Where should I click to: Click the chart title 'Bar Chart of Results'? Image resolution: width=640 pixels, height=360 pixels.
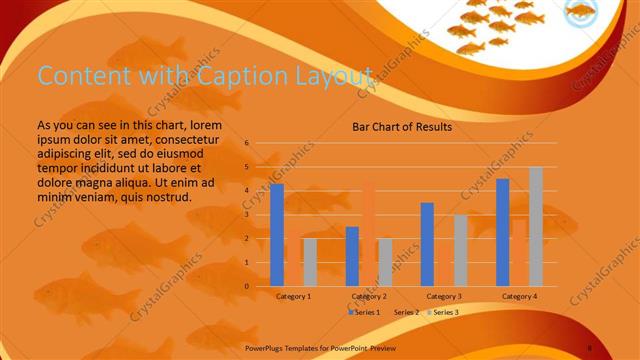(x=402, y=127)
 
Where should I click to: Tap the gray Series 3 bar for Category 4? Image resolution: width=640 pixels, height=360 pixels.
(x=535, y=226)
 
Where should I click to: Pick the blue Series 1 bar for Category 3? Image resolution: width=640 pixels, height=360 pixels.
(x=427, y=244)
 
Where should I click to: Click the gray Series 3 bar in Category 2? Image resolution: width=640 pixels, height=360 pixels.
(x=385, y=262)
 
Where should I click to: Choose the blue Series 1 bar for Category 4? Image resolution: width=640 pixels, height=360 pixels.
(x=502, y=232)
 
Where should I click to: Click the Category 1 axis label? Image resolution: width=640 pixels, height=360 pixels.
(x=293, y=297)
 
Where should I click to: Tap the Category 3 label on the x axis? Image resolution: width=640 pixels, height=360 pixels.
(x=443, y=297)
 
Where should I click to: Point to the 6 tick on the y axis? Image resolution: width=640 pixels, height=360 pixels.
(x=247, y=143)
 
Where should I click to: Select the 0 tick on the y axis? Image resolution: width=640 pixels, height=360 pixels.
(x=247, y=286)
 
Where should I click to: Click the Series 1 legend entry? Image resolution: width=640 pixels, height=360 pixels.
(x=364, y=313)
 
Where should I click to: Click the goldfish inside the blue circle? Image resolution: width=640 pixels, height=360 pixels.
(x=580, y=14)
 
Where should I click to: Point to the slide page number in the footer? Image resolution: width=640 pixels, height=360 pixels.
(x=589, y=348)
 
